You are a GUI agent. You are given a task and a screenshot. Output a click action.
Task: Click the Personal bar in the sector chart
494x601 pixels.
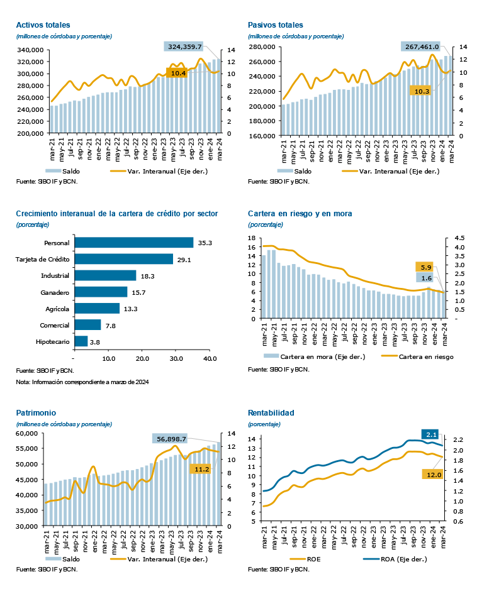click(x=133, y=243)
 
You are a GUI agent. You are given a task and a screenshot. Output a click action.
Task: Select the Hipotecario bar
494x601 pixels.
click(x=81, y=341)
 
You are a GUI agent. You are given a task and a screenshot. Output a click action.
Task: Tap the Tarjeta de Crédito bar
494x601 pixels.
click(x=123, y=259)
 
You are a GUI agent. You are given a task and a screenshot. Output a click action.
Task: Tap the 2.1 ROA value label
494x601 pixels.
click(x=431, y=434)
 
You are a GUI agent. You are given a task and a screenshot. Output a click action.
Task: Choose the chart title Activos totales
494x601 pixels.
click(x=43, y=25)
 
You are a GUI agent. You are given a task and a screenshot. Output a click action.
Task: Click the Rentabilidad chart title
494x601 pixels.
click(x=271, y=414)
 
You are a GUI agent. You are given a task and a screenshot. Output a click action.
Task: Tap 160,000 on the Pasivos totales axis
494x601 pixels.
click(x=262, y=135)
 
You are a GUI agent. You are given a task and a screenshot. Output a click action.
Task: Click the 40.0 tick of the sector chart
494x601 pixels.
click(x=210, y=358)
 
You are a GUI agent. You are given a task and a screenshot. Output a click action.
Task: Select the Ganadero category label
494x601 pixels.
click(x=55, y=292)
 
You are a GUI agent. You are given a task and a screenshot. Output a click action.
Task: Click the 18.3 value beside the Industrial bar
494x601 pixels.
click(x=147, y=275)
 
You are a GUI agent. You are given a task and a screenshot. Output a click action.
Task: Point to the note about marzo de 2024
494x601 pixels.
click(x=82, y=382)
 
